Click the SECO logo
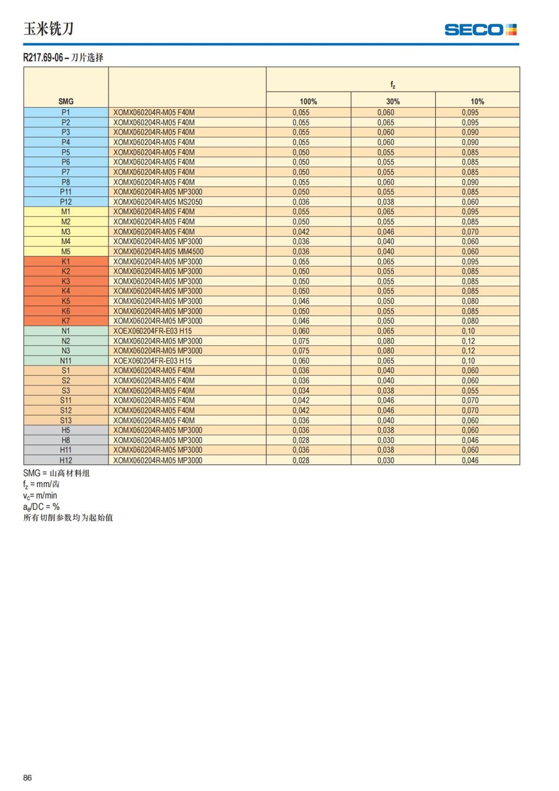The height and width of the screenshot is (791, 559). (480, 30)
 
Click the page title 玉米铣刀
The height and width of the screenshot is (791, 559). (48, 29)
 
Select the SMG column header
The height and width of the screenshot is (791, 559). (66, 101)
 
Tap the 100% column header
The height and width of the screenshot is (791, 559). (308, 101)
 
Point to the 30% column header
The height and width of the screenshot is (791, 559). (393, 101)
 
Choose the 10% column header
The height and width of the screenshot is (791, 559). (477, 101)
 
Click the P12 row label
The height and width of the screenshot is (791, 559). (66, 202)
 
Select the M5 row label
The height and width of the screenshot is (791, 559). (66, 252)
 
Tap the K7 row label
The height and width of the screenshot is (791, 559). (66, 321)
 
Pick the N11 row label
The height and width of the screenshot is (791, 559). (66, 361)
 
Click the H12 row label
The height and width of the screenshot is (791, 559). (66, 460)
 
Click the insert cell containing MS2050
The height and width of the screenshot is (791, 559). (158, 202)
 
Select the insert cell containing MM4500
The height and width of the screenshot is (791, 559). (158, 252)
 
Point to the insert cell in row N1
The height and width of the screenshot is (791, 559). (152, 331)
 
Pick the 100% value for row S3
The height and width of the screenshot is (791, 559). (301, 391)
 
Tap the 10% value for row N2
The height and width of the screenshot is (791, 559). (468, 341)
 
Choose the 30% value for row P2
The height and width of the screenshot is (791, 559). (386, 123)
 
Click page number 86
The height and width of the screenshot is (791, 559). (27, 777)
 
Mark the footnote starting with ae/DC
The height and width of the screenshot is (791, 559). (41, 507)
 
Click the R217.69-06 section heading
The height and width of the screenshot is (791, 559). (63, 58)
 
